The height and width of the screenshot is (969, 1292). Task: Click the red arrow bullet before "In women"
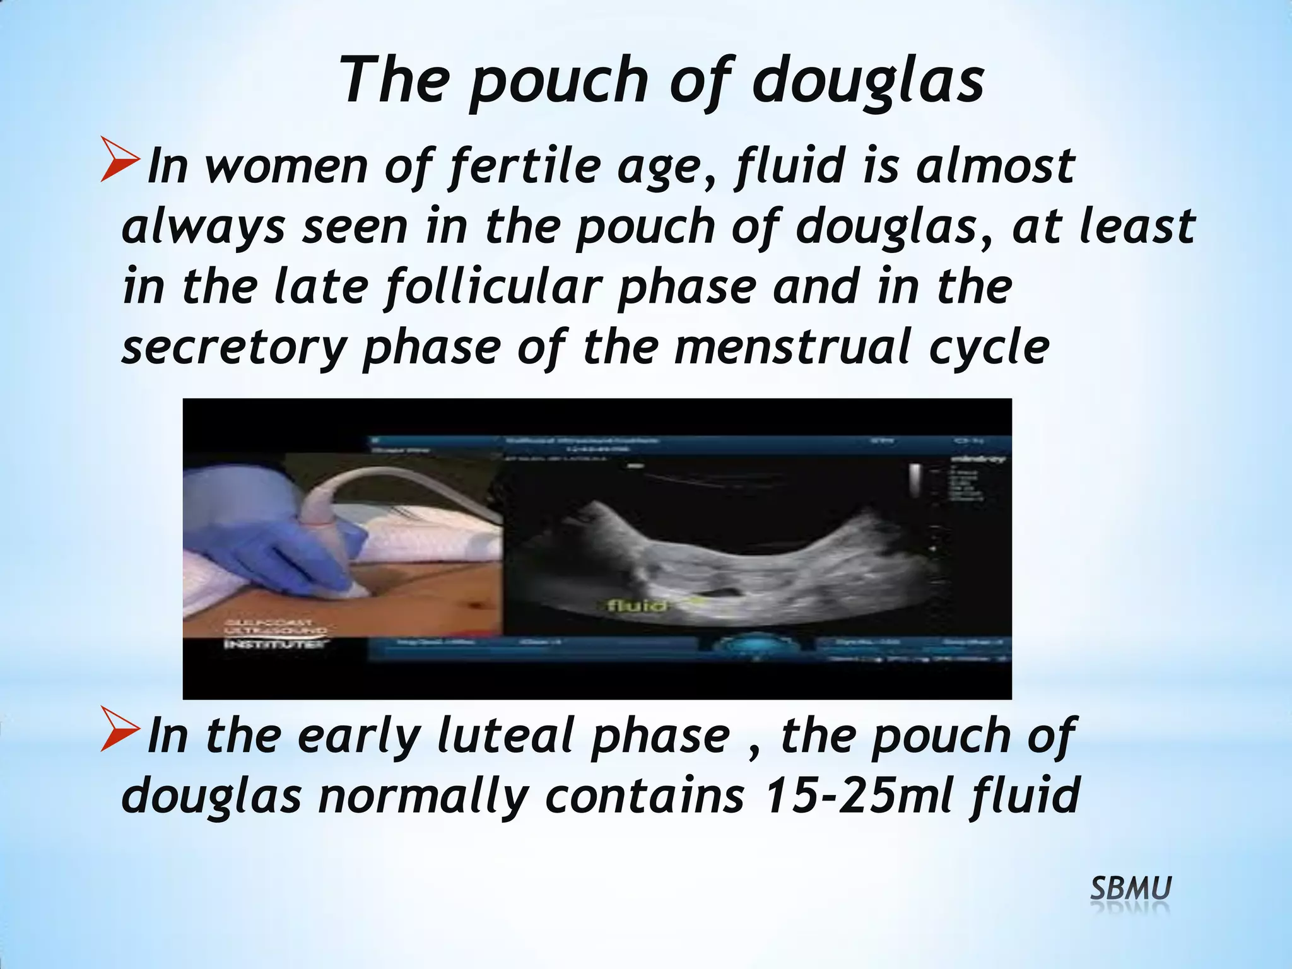[x=120, y=162]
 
